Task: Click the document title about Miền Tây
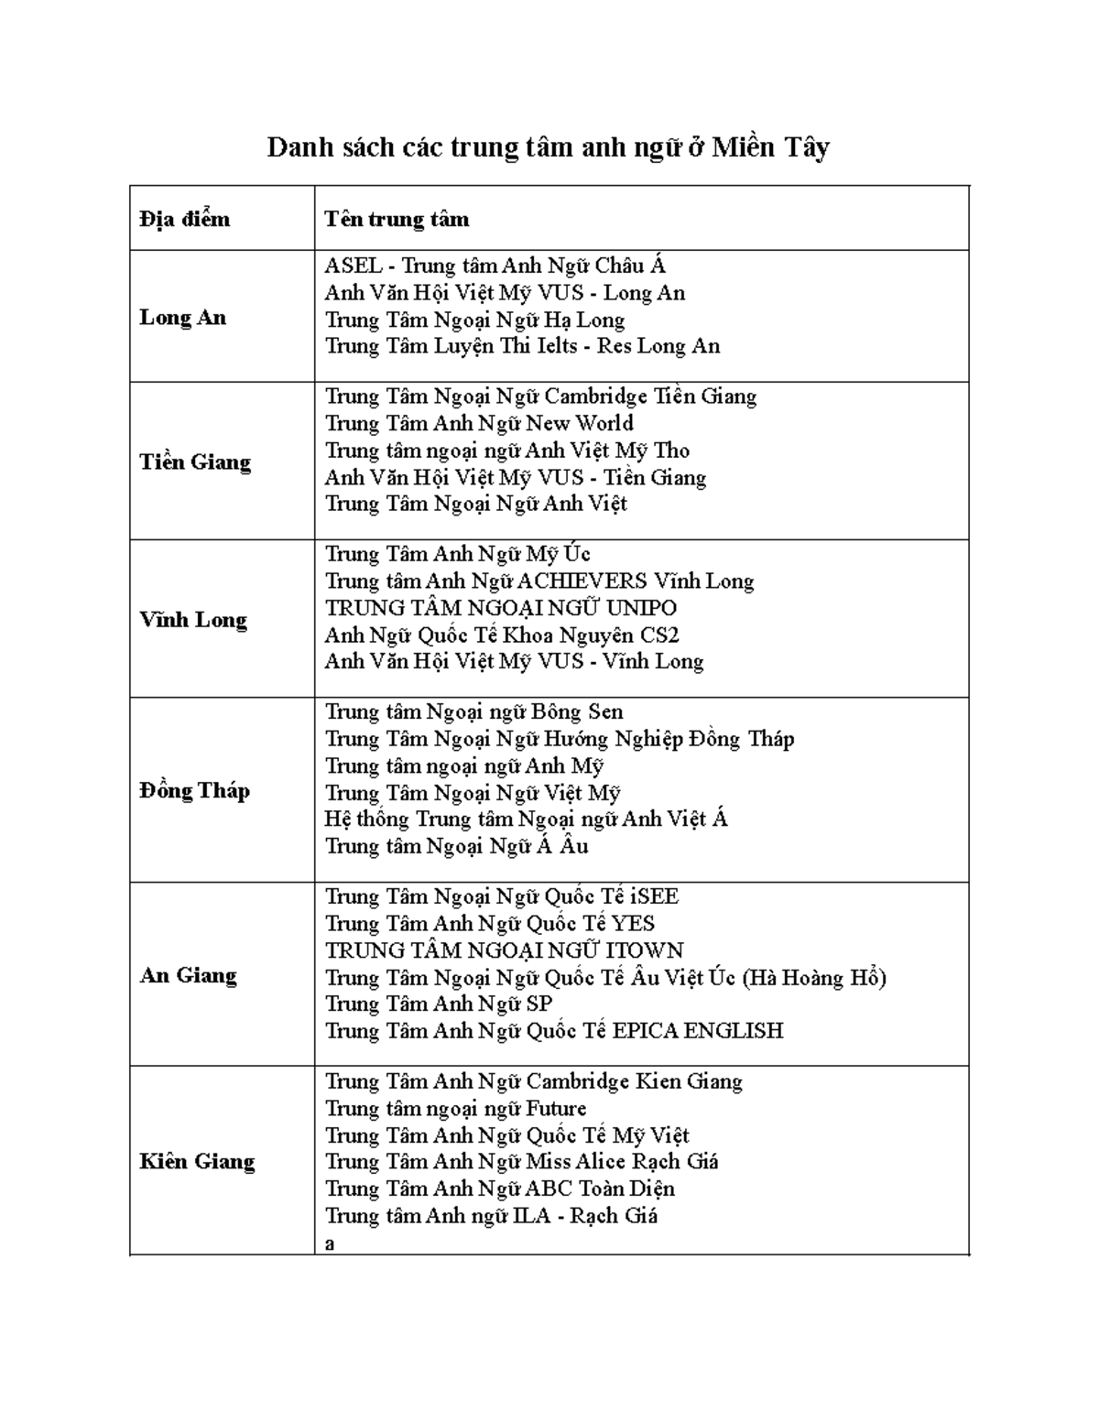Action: (548, 148)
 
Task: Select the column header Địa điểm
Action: (185, 219)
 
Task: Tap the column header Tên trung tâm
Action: (397, 219)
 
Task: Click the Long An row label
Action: (182, 318)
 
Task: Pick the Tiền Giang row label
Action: (195, 461)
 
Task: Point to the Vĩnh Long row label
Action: (193, 620)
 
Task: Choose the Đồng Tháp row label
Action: (194, 790)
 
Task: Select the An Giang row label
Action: (188, 975)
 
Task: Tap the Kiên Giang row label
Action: (197, 1161)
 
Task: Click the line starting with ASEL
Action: (495, 266)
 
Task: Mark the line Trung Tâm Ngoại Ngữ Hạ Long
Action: (474, 320)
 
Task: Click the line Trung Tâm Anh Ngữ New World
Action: (479, 423)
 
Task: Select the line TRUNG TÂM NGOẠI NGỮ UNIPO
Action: (501, 608)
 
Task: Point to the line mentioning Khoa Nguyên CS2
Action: (502, 635)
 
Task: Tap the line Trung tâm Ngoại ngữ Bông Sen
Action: (473, 712)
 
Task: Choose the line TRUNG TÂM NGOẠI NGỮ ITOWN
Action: (505, 950)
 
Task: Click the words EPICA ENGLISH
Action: (697, 1031)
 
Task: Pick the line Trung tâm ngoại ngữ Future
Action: (455, 1109)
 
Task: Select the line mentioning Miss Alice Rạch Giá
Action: (521, 1162)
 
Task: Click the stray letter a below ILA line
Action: (331, 1243)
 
